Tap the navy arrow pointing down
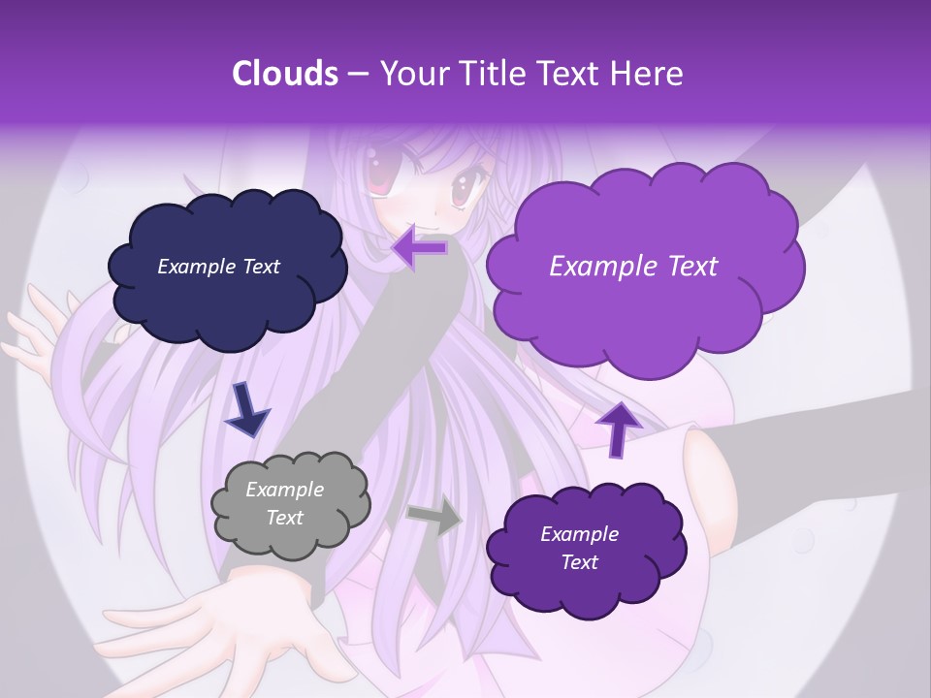click(x=246, y=408)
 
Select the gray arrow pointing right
click(x=433, y=517)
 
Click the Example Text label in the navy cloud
click(x=218, y=266)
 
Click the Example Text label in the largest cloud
click(x=633, y=266)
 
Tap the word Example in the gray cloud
click(x=284, y=490)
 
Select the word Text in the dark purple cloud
click(x=579, y=562)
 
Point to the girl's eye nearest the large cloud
click(x=466, y=186)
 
